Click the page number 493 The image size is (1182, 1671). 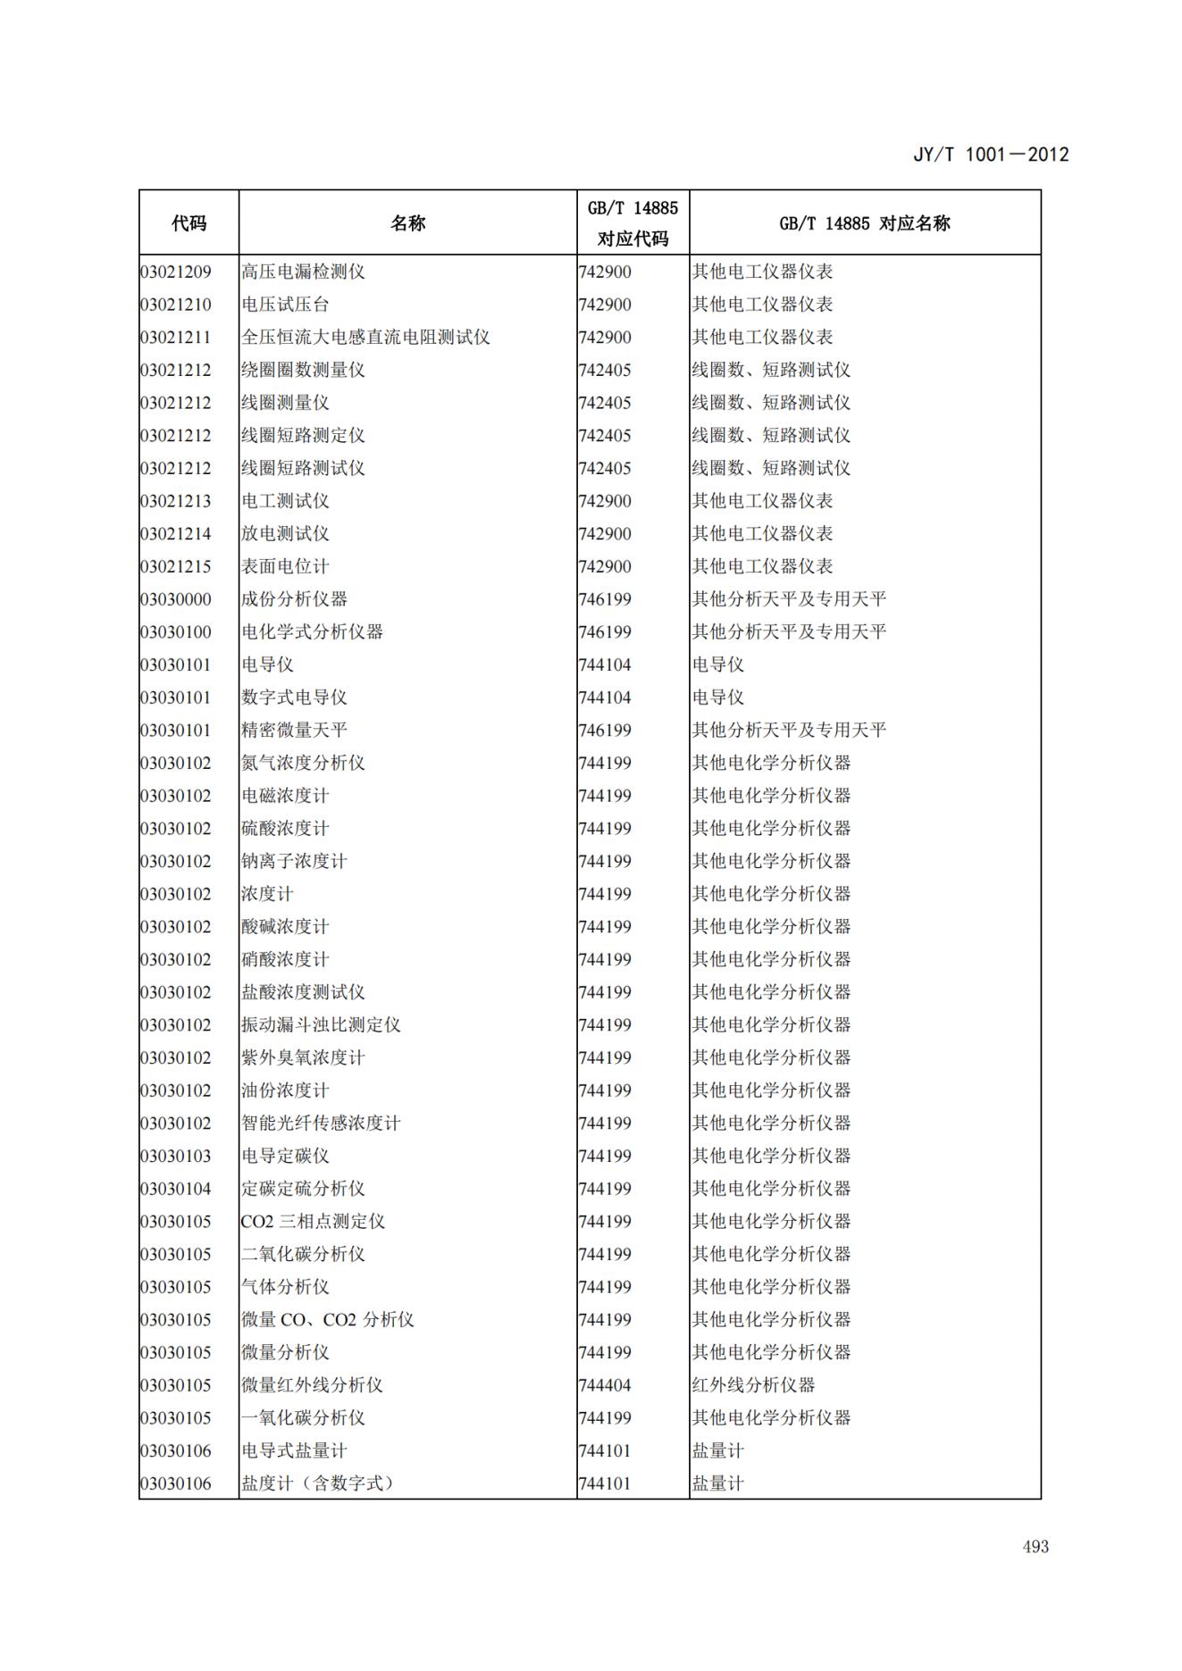[1035, 1547]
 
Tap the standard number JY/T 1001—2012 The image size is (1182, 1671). [990, 155]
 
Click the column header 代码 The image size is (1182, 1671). [189, 223]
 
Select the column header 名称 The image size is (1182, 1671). [407, 223]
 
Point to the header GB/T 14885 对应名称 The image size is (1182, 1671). [864, 223]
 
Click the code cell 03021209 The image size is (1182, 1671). [176, 272]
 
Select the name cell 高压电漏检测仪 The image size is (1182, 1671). [303, 272]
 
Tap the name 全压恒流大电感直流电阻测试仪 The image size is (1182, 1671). [365, 337]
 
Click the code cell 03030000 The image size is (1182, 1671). [176, 599]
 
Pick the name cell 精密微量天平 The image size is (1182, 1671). [294, 730]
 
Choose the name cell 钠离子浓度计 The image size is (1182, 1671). [294, 861]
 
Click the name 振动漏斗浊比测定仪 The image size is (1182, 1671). [321, 1024]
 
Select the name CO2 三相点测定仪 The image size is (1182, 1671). [313, 1221]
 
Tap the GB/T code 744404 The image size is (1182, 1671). [605, 1385]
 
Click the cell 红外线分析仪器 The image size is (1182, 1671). [753, 1385]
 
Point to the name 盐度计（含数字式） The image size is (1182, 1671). [317, 1483]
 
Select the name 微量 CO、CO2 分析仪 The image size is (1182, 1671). [327, 1319]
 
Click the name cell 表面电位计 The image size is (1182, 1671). [285, 566]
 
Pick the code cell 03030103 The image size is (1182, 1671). [176, 1156]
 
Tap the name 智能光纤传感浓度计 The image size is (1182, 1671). [321, 1123]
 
